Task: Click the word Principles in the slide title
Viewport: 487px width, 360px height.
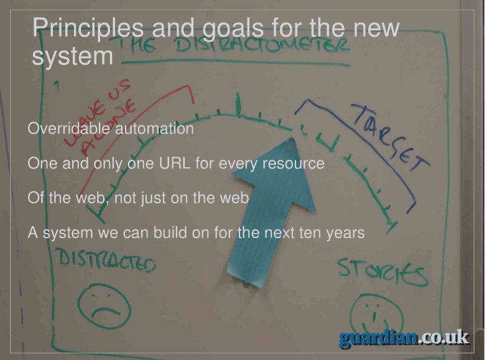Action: [x=88, y=29]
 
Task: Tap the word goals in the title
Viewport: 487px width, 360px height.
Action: [x=233, y=29]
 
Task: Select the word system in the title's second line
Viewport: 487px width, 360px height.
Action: [x=72, y=56]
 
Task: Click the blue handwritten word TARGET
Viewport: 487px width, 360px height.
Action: [x=391, y=137]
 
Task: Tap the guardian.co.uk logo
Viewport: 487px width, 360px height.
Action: [x=404, y=338]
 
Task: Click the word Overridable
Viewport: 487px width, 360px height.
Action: [x=68, y=128]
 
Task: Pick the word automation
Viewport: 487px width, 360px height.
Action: [x=154, y=128]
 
